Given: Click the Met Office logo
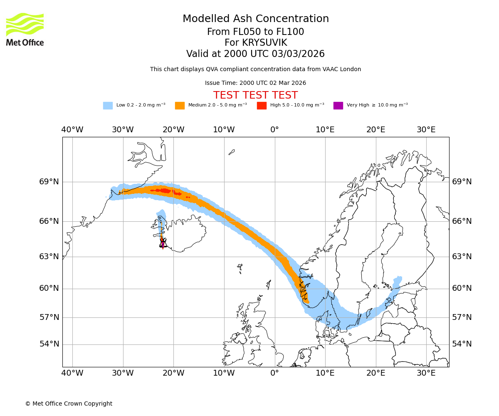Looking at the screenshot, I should [25, 30].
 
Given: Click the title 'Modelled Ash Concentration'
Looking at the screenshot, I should [256, 19].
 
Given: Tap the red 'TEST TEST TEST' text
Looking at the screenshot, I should [255, 95].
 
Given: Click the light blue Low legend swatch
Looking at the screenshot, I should [108, 106].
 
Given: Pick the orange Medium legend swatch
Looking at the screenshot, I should [180, 106].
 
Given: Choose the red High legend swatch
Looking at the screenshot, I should [262, 106].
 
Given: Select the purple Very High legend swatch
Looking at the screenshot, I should [338, 106].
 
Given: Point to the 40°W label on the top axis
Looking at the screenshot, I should [72, 130].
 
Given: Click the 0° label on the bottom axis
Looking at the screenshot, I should [274, 373].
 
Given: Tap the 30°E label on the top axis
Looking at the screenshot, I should [426, 130].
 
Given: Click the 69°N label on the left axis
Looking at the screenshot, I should [49, 182].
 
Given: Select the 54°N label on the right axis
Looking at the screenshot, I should [462, 344].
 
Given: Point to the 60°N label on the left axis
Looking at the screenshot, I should [49, 288].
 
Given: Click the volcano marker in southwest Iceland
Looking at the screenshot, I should [163, 243].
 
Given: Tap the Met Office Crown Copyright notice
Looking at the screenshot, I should [69, 404].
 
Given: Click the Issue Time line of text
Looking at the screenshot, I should [255, 83].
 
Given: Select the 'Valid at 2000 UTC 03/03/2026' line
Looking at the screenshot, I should [255, 54].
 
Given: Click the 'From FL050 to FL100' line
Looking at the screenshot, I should [255, 32].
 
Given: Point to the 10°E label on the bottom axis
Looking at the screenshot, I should [325, 373].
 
